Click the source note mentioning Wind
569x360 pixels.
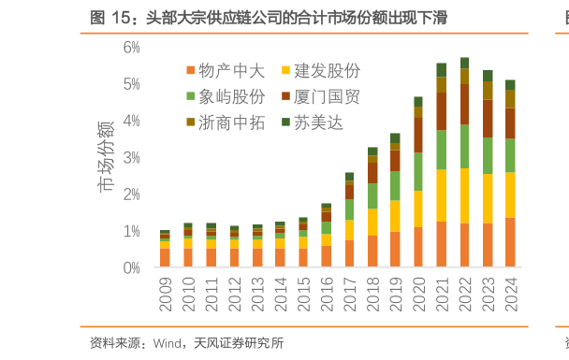click(187, 343)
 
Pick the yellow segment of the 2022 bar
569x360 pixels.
click(464, 195)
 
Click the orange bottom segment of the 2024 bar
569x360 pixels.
click(510, 243)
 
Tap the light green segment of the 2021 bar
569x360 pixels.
click(441, 150)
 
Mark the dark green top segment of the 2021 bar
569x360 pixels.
click(441, 70)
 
